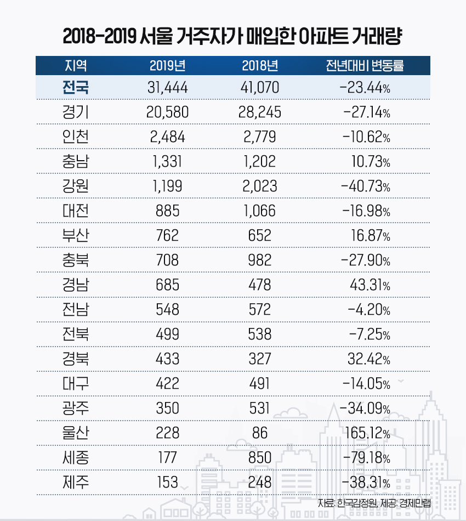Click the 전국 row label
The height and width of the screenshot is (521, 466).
pyautogui.click(x=76, y=87)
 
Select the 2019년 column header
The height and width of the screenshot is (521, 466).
pyautogui.click(x=167, y=66)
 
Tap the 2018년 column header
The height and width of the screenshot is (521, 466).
pyautogui.click(x=260, y=66)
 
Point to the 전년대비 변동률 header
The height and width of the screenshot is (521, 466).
pyautogui.click(x=365, y=66)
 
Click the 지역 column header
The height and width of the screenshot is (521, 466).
pyautogui.click(x=76, y=66)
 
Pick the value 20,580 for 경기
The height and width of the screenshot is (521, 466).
pyautogui.click(x=168, y=112)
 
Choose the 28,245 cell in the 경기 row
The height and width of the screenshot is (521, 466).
pyautogui.click(x=260, y=112)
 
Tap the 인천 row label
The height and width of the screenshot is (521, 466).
pyautogui.click(x=76, y=137)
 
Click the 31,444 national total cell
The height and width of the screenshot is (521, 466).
pyautogui.click(x=168, y=87)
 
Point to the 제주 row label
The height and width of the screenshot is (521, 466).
pyautogui.click(x=76, y=482)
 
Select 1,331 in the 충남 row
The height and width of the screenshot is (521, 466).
pyautogui.click(x=168, y=162)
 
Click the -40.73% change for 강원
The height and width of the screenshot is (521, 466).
pyautogui.click(x=366, y=186)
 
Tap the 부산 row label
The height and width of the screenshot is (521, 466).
pyautogui.click(x=76, y=236)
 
